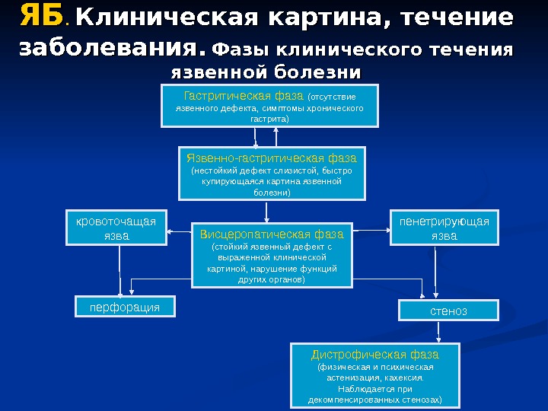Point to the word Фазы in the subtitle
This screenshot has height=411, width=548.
[x=241, y=50]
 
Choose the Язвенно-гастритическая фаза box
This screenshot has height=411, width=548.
[x=272, y=174]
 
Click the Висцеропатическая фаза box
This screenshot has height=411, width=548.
[x=272, y=256]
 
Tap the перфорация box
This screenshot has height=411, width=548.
[x=125, y=307]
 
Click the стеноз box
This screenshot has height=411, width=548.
[x=448, y=311]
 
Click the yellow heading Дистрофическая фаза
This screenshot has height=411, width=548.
[x=375, y=355]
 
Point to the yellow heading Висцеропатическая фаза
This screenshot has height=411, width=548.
[x=272, y=233]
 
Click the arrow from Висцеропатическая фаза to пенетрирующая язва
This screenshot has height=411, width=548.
[x=371, y=229]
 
